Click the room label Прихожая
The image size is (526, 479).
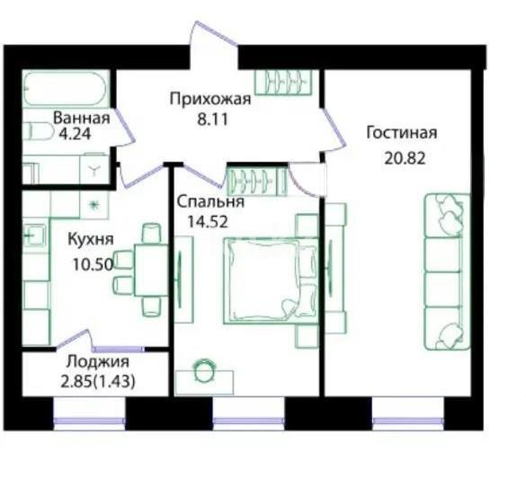coord(210,99)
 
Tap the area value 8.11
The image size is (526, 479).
coord(210,116)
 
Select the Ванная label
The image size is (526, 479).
coord(81,118)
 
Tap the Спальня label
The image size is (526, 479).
coord(210,200)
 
